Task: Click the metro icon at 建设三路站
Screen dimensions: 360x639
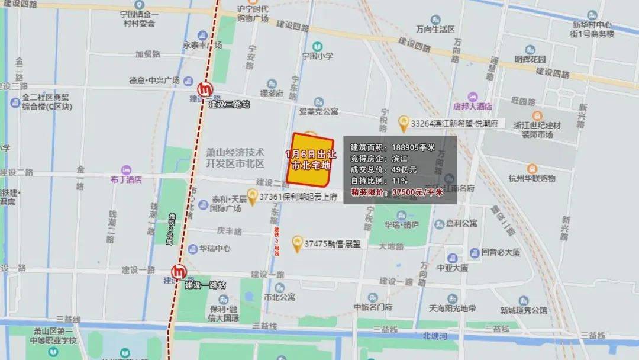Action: (x=206, y=89)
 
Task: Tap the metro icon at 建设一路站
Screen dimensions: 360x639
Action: (x=178, y=272)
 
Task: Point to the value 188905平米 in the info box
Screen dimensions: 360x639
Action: (x=414, y=147)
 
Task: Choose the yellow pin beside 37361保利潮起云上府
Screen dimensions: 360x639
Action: (x=253, y=195)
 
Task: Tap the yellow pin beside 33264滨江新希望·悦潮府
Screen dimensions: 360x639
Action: (x=404, y=123)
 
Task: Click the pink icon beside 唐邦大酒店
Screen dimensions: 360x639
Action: (x=472, y=97)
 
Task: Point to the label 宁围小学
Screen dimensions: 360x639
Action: (x=318, y=56)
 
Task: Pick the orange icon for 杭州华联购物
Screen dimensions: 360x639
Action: (x=531, y=169)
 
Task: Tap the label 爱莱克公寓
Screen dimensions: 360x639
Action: (x=318, y=111)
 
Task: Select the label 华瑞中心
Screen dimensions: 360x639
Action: (x=215, y=249)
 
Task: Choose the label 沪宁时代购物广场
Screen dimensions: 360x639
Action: (x=253, y=13)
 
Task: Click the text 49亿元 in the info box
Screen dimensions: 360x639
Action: (x=404, y=170)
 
